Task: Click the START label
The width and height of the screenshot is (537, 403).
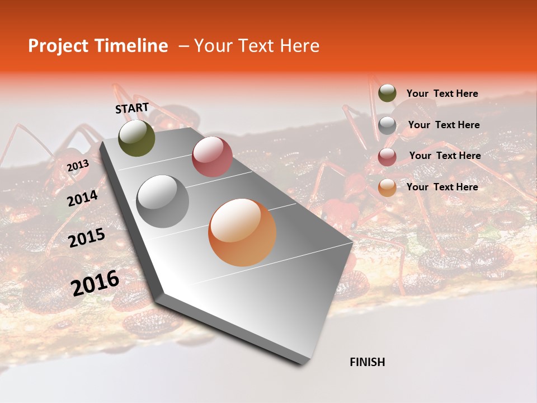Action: (132, 108)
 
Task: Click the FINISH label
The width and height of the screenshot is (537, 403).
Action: (368, 362)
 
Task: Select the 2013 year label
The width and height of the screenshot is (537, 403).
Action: (78, 166)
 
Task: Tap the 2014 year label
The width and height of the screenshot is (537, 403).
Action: (83, 198)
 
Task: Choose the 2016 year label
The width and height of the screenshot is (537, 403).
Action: (95, 283)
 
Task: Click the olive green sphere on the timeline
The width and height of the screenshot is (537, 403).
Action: (137, 138)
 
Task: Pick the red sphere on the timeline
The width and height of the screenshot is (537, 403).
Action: (212, 157)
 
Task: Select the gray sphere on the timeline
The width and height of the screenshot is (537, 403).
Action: (163, 201)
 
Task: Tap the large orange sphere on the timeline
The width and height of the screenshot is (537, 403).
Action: (242, 232)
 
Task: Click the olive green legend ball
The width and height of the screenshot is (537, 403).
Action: (387, 93)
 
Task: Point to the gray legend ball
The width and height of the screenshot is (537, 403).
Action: (387, 125)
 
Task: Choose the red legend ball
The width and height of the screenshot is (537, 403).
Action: (387, 157)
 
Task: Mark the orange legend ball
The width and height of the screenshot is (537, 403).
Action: (387, 188)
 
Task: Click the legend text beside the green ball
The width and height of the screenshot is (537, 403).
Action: (442, 93)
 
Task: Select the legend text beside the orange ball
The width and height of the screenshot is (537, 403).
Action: (442, 187)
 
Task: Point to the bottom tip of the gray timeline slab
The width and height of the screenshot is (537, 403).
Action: (303, 364)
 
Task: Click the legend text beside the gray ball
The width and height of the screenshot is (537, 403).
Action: (444, 125)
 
